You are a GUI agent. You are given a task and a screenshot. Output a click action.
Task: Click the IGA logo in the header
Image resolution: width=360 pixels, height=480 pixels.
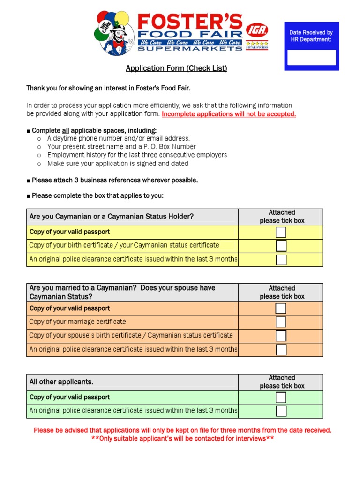(x=257, y=31)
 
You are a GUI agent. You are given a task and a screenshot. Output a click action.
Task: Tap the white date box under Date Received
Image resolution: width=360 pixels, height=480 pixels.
(x=311, y=57)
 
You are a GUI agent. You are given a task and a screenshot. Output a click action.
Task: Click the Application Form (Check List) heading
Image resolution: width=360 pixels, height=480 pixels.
(x=176, y=68)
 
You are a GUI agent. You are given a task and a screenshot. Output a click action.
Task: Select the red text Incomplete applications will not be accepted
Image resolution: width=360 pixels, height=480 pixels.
(x=229, y=114)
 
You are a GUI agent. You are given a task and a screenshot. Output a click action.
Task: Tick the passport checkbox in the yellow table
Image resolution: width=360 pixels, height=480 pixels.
(x=281, y=232)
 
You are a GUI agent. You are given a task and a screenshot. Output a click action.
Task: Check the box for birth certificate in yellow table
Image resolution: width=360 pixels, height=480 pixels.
(x=281, y=246)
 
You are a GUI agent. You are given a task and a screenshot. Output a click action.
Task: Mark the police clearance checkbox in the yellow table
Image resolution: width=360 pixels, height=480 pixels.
(x=281, y=259)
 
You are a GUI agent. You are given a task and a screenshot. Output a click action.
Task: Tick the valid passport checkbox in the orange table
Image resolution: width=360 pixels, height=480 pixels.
(x=281, y=308)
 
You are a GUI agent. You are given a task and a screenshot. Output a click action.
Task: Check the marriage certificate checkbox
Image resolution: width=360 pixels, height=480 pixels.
(x=281, y=322)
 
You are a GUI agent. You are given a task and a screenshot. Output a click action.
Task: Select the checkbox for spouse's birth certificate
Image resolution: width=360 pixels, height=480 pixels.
(x=281, y=336)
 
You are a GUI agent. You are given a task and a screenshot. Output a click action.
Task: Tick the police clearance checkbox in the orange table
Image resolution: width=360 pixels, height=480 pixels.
(x=281, y=350)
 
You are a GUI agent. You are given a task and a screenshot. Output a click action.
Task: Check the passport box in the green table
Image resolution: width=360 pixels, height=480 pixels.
(x=281, y=397)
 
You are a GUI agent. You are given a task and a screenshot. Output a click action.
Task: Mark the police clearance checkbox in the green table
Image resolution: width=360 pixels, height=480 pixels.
(x=281, y=411)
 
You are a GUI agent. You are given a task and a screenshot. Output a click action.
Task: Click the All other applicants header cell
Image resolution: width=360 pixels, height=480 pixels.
(x=61, y=382)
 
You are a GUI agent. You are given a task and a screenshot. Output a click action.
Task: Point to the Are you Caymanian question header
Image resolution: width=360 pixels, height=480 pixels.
(x=112, y=217)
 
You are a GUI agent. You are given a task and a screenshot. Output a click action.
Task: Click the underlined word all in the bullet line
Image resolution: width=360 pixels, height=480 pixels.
(x=66, y=130)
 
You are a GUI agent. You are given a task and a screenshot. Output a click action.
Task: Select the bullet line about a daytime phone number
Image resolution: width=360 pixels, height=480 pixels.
(x=118, y=138)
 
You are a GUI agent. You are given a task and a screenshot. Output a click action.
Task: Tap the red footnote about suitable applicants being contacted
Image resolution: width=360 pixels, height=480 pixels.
(x=182, y=439)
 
